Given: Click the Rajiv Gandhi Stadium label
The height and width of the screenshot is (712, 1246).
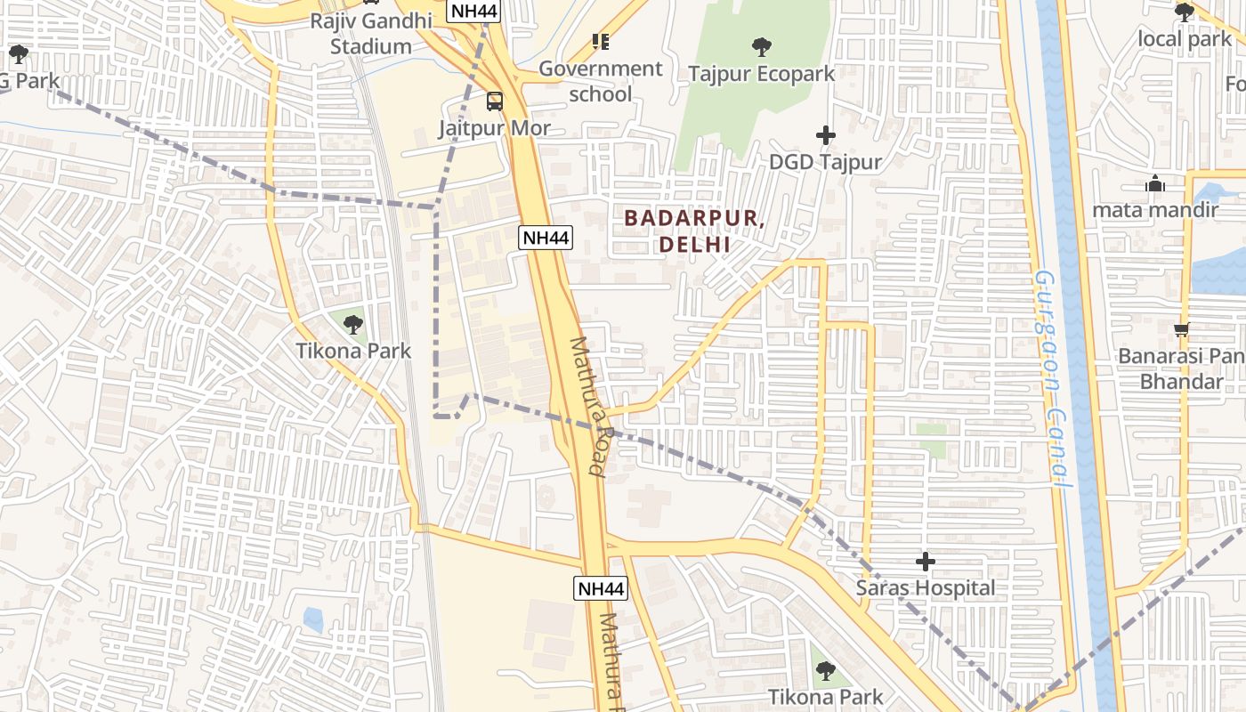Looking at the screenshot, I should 371,34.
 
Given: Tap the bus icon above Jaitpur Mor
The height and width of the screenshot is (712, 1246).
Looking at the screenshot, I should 494,101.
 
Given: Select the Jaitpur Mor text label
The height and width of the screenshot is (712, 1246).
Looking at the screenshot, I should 494,128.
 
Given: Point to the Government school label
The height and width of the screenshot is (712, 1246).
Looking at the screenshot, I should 601,81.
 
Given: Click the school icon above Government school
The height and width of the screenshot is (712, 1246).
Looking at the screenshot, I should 601,42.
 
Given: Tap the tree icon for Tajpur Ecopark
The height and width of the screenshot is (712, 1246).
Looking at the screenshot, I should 761,46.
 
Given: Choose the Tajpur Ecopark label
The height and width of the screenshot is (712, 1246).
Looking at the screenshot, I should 761,74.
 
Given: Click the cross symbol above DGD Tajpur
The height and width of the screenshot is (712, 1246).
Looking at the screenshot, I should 826,135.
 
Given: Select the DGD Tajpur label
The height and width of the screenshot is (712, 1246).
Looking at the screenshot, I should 826,162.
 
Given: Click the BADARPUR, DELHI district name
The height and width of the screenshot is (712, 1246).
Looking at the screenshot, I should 694,231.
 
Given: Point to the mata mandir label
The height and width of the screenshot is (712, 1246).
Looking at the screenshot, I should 1155,211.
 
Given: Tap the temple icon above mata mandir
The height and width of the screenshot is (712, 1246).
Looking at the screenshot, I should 1155,184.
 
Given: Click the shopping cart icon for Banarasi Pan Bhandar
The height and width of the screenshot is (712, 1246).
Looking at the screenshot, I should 1181,330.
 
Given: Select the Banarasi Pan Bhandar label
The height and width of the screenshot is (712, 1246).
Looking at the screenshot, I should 1182,368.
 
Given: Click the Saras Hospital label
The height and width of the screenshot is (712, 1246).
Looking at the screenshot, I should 926,588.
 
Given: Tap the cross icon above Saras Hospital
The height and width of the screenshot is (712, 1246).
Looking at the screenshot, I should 926,562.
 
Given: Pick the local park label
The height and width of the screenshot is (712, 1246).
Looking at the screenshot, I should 1185,39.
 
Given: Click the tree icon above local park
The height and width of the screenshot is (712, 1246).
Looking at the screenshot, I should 1185,12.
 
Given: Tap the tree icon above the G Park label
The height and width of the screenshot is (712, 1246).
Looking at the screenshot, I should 18,54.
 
